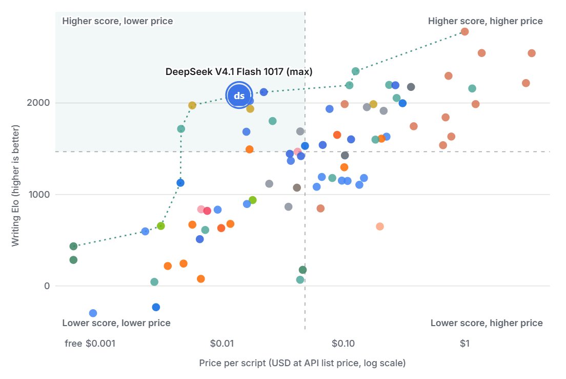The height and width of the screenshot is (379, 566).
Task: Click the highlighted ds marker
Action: pos(239,96)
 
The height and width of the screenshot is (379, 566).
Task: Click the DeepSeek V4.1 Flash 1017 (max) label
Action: pos(239,71)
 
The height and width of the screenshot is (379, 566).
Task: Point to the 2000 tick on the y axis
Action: pos(38,103)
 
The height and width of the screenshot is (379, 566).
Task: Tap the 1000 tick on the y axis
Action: pos(39,195)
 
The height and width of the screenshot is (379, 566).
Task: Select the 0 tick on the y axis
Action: pos(47,286)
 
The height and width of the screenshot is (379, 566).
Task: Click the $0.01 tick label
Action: pos(222,343)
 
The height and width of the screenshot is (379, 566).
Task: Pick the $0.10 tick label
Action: pos(343,343)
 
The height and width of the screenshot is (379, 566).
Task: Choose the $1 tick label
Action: pos(464,343)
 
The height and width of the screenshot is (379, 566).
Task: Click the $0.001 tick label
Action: pos(100,343)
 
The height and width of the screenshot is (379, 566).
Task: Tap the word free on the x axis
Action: pos(73,343)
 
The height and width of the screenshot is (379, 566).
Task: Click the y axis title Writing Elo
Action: pos(15,185)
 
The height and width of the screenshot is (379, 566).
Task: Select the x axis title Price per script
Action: pos(302,363)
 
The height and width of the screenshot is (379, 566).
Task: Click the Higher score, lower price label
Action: pos(118,21)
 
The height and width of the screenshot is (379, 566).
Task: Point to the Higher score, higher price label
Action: pos(486,21)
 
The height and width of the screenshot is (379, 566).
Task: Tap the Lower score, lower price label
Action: pos(116,323)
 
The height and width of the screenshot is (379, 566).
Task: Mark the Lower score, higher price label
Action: pos(487,323)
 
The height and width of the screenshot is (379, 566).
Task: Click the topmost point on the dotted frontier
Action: pos(464,32)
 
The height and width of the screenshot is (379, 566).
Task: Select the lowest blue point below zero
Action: pos(93,313)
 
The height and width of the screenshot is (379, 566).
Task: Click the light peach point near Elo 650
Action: pos(380,226)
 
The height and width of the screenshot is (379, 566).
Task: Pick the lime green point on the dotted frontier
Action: pos(161,226)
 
